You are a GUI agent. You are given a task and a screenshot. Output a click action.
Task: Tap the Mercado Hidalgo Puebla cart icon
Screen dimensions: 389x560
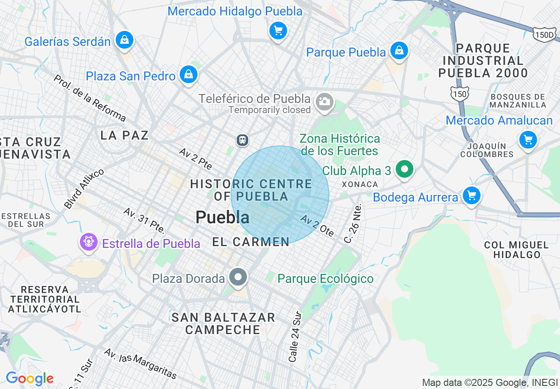[x=278, y=31]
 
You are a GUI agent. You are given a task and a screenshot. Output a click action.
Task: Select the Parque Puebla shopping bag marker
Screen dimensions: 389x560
[x=399, y=51]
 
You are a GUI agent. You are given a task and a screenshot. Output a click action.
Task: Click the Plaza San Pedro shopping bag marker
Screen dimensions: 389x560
[x=189, y=74]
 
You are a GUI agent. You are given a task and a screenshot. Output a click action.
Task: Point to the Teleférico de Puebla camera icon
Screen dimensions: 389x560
[x=325, y=102]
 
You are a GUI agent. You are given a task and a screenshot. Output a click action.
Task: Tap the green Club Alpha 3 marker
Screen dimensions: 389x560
[x=404, y=169]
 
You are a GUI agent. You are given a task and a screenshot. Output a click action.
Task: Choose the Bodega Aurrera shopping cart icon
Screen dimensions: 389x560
[x=471, y=195]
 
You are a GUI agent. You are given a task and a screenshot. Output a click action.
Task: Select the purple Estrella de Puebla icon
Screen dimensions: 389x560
[x=88, y=242]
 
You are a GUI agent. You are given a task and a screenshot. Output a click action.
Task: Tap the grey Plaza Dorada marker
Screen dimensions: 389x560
[x=238, y=277]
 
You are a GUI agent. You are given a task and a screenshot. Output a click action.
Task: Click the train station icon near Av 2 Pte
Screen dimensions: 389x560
[x=242, y=140]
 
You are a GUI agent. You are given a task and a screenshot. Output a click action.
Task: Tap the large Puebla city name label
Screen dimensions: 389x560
[x=222, y=217]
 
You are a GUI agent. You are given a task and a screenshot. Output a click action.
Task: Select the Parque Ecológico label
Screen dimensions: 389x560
[x=325, y=279]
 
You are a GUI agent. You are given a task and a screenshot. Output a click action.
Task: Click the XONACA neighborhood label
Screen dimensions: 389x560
[x=360, y=184]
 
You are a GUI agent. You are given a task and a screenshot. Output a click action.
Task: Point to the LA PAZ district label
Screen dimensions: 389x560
[x=124, y=135]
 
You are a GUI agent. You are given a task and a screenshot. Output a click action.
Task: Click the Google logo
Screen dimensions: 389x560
[x=30, y=379]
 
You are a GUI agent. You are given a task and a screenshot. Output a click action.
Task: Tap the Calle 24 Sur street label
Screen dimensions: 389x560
[x=295, y=337]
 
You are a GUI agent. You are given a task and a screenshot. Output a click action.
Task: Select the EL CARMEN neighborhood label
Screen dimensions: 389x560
[x=251, y=242]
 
